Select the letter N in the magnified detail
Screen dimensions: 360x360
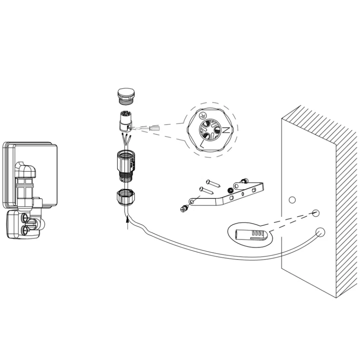click(x=226, y=130)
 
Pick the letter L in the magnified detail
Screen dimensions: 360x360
click(x=202, y=144)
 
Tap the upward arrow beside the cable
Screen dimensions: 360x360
click(x=127, y=223)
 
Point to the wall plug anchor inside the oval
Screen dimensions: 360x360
click(x=250, y=235)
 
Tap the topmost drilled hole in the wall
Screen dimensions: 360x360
click(x=292, y=200)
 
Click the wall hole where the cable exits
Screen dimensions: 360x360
click(x=320, y=232)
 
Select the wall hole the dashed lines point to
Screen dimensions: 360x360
click(x=316, y=212)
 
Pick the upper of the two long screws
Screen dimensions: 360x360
click(x=213, y=183)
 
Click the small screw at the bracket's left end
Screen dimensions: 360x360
click(x=185, y=209)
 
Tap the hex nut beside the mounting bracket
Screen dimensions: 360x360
click(x=230, y=190)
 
